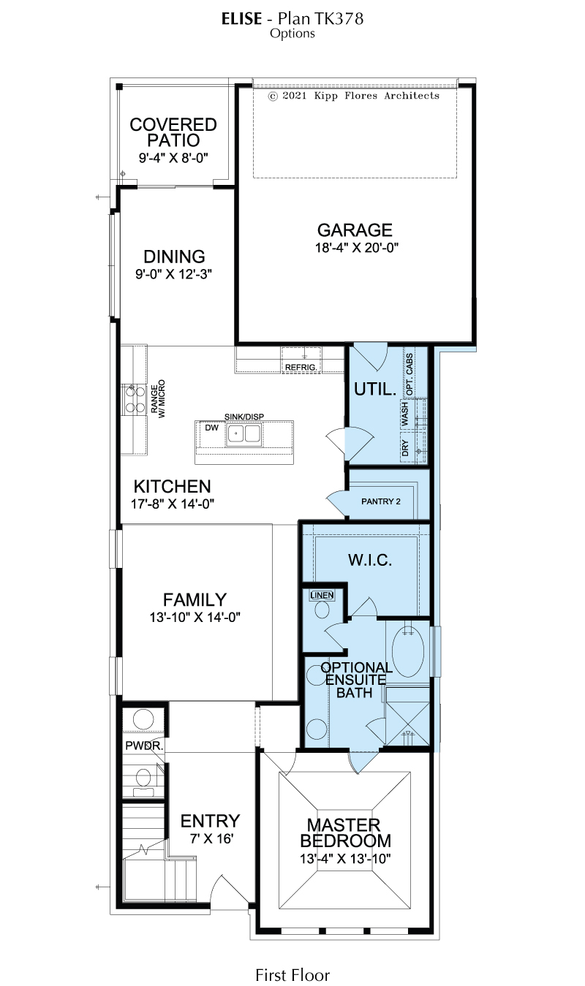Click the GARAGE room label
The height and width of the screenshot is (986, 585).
point(355,230)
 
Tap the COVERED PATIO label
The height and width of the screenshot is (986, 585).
point(173,132)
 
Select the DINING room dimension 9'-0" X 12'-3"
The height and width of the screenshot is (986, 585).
point(173,274)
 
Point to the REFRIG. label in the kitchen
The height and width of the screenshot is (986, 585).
point(301,367)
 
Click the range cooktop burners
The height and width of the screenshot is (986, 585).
point(135,398)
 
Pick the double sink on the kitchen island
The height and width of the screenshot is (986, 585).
point(244,433)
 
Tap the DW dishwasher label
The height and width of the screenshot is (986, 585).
point(211,428)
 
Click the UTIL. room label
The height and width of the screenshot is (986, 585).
point(375,389)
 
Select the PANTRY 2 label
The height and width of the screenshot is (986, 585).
point(380,501)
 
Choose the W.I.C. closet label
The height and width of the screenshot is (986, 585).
point(370,560)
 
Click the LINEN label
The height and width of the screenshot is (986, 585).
point(322,595)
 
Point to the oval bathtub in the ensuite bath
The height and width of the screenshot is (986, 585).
point(408,651)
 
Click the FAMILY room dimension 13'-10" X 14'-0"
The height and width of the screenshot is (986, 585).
point(195,617)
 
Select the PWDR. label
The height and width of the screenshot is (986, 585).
point(144,746)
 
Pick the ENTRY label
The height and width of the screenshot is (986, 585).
point(210,821)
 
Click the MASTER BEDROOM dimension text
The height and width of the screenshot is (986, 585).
point(346,858)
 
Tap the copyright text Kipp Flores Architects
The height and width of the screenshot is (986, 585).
point(377,96)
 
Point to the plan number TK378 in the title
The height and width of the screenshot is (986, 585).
point(339,18)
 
